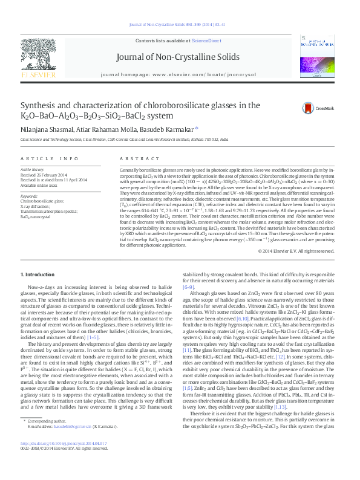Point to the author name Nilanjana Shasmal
(43, 129)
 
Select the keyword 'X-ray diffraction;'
(35, 206)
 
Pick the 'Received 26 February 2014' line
(45, 175)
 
